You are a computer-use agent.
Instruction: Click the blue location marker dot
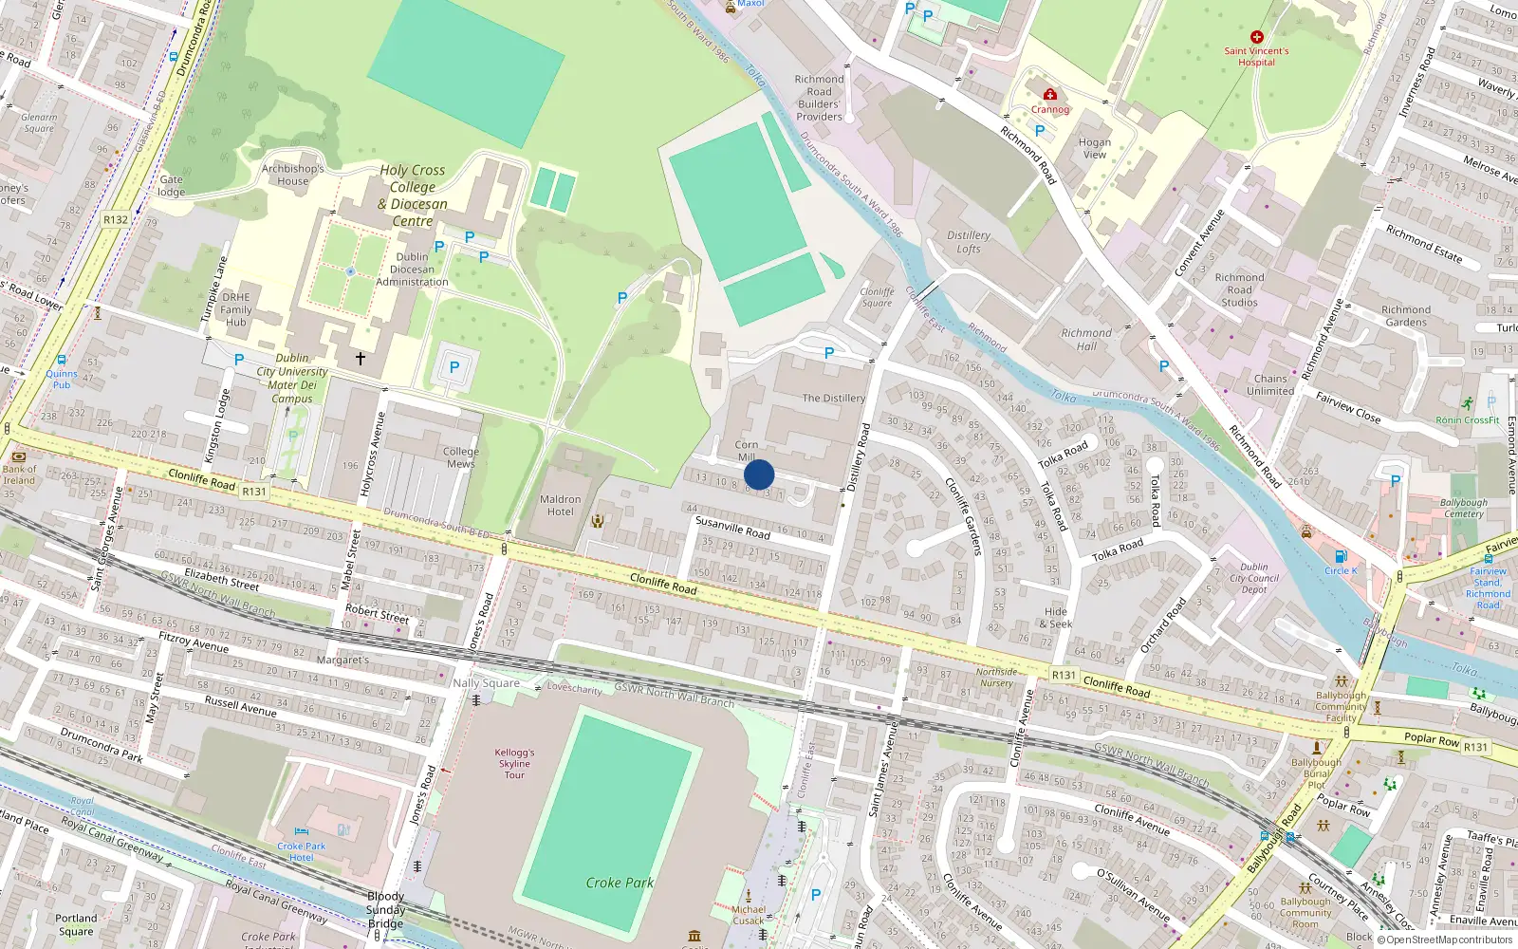(759, 474)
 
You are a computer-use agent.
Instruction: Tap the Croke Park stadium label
(620, 883)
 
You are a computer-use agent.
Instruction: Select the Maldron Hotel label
(561, 505)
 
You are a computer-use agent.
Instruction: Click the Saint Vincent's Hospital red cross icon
(1256, 37)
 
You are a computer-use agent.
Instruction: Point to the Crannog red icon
(1050, 95)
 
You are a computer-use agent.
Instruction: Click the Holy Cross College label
(413, 195)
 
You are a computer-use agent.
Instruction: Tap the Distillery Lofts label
(969, 242)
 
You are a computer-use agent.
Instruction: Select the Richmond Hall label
(1086, 340)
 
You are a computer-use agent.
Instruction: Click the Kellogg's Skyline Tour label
(514, 763)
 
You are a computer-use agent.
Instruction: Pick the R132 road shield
(116, 219)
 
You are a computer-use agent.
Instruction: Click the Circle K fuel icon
(1341, 557)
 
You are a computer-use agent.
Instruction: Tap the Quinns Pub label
(62, 379)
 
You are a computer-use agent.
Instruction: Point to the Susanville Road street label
(732, 527)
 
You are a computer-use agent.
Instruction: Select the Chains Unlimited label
(1270, 384)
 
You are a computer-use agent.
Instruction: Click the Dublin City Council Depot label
(1254, 578)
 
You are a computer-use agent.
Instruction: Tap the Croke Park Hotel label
(301, 851)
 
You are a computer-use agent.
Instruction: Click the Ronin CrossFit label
(1467, 420)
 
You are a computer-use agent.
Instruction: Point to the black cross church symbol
(361, 359)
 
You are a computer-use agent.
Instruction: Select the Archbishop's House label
(292, 175)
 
